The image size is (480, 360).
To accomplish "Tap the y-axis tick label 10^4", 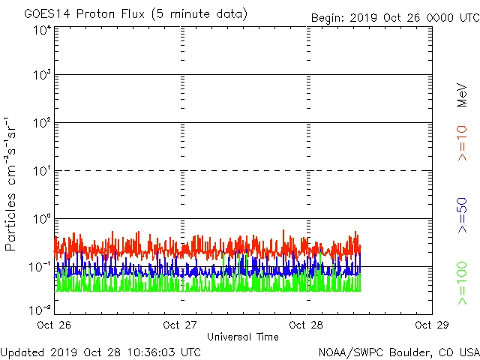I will coord(42,30).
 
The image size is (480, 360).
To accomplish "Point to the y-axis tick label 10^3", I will coord(42,76).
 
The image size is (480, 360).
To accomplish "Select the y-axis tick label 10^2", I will coord(42,123).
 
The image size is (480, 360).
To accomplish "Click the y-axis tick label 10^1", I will coord(42,171).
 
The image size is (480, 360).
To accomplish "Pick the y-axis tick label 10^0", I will coord(42,219).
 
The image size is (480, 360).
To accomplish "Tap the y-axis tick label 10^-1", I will coord(40,267).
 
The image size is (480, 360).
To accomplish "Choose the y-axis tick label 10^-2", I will coord(40,310).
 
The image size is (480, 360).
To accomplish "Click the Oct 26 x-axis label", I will coord(55,325).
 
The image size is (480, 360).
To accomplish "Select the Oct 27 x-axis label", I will coord(180,325).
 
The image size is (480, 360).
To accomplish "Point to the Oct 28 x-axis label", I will coord(306,325).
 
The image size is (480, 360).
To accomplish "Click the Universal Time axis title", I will coord(242,337).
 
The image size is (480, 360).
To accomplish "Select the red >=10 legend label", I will coord(462,142).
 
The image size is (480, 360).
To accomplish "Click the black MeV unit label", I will coord(462,95).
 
